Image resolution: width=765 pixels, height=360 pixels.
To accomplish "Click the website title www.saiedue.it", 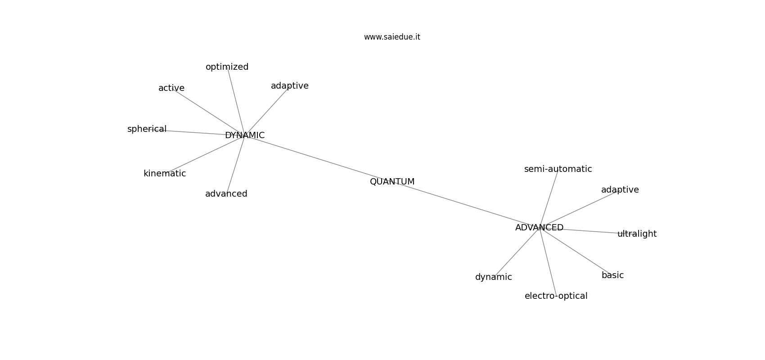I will click(x=392, y=37).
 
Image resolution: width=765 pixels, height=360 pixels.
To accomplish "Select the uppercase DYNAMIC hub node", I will click(x=244, y=135).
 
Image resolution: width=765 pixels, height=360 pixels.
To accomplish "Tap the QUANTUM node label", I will click(x=392, y=182).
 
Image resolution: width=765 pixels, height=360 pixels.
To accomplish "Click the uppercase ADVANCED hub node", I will click(x=539, y=228).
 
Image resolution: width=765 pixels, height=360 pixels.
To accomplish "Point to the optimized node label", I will click(x=227, y=67).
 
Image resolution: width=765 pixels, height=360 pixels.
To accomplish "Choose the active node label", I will click(x=171, y=88).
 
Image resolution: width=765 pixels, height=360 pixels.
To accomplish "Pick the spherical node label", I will click(x=147, y=129).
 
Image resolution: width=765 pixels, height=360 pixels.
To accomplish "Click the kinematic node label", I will click(x=164, y=174).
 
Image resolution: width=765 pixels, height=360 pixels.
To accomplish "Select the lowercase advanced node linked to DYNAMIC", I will click(x=226, y=194).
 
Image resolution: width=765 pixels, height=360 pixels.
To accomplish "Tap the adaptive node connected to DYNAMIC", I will click(x=289, y=86).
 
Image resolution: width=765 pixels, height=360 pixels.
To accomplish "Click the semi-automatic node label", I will click(x=558, y=169).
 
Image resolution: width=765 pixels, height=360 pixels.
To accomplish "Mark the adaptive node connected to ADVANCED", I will click(x=620, y=190).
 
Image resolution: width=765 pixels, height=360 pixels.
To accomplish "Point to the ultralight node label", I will click(x=636, y=234).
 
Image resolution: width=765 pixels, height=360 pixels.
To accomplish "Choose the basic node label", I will click(x=612, y=275).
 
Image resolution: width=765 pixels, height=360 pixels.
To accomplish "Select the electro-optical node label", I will click(x=556, y=296).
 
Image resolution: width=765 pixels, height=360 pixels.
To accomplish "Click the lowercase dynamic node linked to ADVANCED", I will click(x=493, y=277).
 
